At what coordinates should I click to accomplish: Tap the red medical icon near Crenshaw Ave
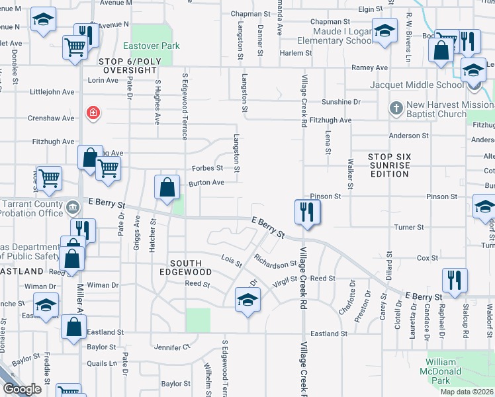[94, 112]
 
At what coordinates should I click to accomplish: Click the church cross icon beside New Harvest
[396, 107]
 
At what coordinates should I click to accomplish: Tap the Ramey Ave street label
[369, 67]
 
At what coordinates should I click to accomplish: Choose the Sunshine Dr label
[341, 103]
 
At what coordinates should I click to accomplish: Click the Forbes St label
[207, 168]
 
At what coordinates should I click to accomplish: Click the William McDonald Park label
[441, 371]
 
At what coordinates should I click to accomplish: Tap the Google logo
[22, 389]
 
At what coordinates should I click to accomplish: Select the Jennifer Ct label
[172, 347]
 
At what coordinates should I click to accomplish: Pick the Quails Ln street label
[102, 363]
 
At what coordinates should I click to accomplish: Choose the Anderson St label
[408, 136]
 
